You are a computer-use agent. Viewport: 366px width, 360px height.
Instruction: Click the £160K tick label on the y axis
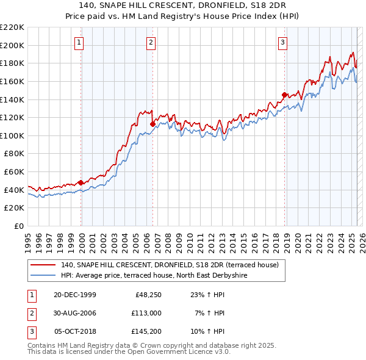[12, 81]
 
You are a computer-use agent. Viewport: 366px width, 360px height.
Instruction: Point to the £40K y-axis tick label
[14, 190]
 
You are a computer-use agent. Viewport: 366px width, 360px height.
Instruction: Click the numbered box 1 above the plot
[80, 42]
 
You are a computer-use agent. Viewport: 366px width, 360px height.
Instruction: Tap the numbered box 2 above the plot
[151, 42]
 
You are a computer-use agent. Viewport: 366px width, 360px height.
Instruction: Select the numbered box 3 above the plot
[283, 42]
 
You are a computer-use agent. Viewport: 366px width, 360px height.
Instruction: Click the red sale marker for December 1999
[81, 182]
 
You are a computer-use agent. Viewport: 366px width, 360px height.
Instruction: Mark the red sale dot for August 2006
[152, 124]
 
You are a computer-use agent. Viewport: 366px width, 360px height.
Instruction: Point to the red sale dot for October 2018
[284, 95]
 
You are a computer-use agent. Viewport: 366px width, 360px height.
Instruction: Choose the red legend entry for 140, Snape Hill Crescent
[170, 265]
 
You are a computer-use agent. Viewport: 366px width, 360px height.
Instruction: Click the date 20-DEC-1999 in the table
[75, 295]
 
